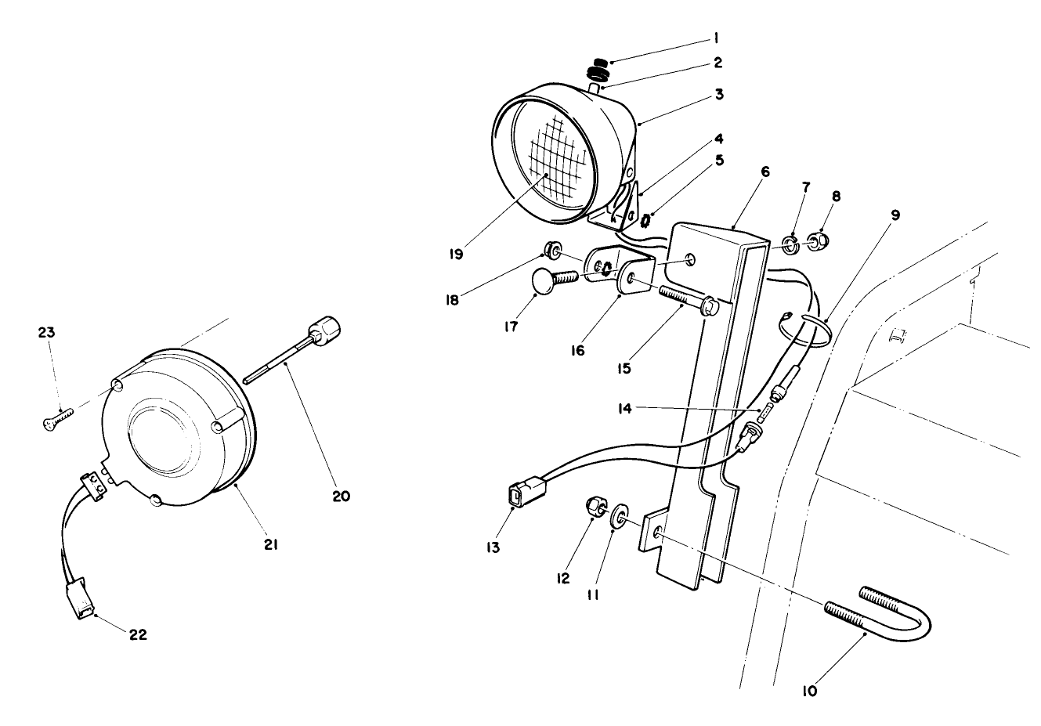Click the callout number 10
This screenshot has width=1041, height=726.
[810, 692]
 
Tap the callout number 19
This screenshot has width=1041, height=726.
[456, 255]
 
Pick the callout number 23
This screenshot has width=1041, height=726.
[46, 332]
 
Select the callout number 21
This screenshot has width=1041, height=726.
[270, 543]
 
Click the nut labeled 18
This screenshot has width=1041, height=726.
[552, 251]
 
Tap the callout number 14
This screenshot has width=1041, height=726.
[624, 408]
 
